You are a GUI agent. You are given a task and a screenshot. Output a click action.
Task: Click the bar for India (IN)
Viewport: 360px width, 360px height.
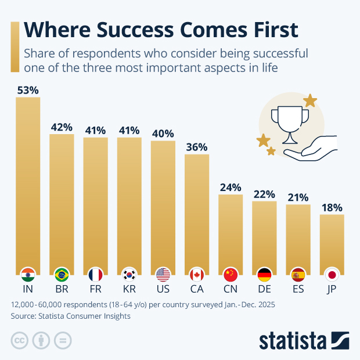click(x=28, y=180)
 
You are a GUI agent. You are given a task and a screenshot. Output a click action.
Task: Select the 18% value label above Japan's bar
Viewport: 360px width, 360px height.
click(x=332, y=207)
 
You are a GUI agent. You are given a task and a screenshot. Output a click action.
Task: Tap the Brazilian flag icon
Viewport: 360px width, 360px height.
click(x=62, y=275)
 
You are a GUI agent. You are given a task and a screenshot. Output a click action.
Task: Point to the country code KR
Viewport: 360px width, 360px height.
click(x=129, y=289)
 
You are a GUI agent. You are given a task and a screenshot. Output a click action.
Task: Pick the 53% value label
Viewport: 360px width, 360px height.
click(x=28, y=90)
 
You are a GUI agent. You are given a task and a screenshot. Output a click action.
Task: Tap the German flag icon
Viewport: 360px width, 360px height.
click(x=264, y=275)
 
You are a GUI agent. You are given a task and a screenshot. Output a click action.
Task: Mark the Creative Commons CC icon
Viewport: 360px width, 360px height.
click(x=20, y=340)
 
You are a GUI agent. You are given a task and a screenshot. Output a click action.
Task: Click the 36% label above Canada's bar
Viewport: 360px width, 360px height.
click(x=197, y=147)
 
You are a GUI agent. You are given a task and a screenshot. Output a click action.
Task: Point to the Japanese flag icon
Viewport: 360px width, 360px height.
click(x=332, y=275)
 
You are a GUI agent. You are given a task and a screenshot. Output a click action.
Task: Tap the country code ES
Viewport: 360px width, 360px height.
click(x=298, y=289)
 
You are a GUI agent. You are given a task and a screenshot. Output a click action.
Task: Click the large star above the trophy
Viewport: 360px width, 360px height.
click(x=310, y=100)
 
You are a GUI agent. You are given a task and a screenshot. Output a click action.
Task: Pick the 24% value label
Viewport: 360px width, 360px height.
click(x=231, y=188)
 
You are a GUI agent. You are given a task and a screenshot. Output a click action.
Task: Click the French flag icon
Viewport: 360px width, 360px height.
click(x=95, y=275)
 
